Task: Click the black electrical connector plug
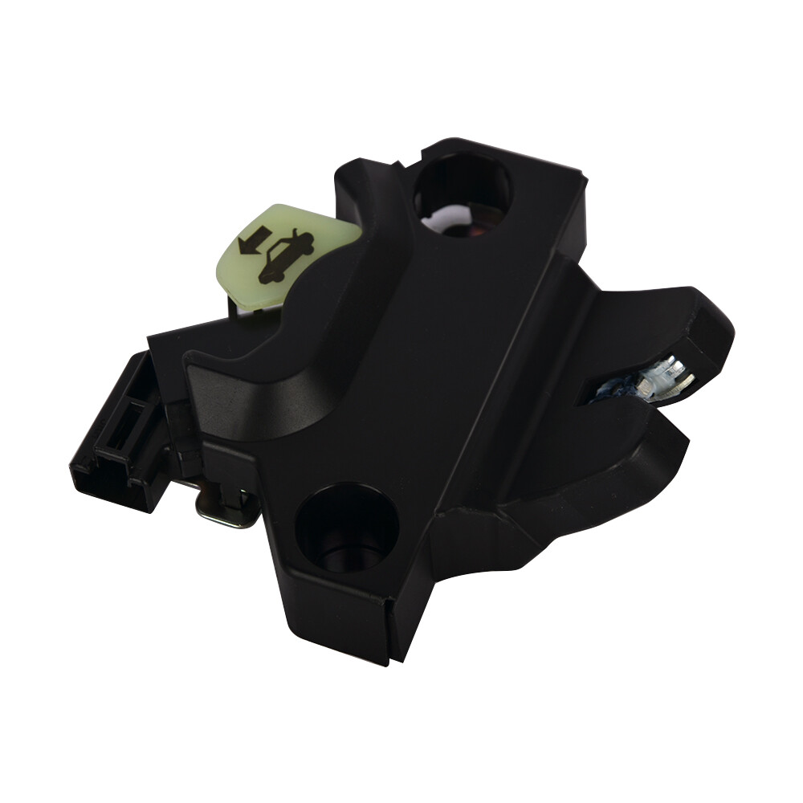click(120, 434)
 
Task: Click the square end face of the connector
click(104, 469)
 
